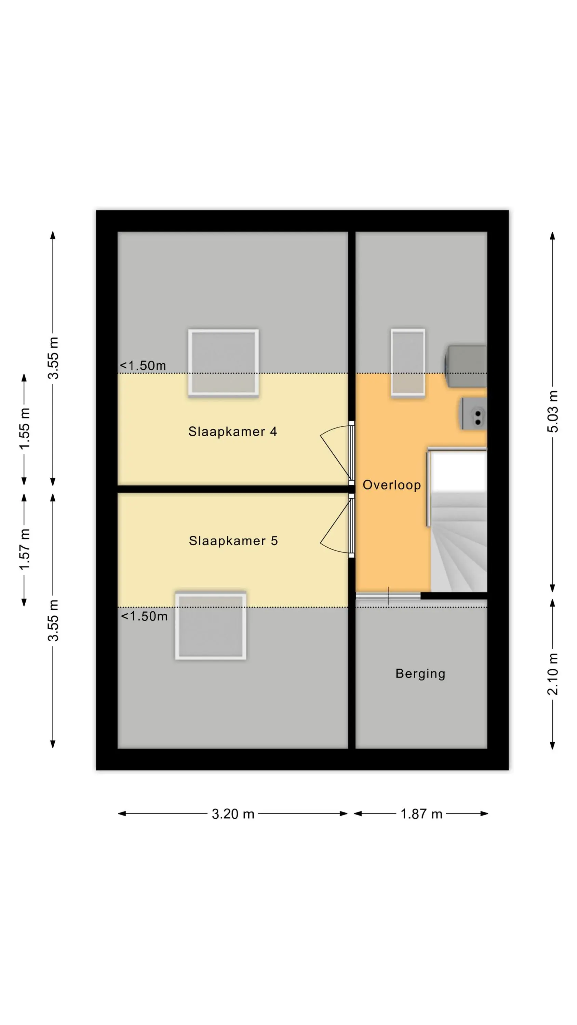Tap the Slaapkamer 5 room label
(233, 541)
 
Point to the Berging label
(420, 674)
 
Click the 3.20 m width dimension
(233, 814)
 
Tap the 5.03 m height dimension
(553, 411)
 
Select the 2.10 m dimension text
(553, 674)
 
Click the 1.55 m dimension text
(24, 429)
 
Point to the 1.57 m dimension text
(24, 549)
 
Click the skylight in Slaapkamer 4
(224, 363)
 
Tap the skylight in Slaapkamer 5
(211, 625)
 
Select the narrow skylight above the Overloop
(408, 363)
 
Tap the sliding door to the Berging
(388, 596)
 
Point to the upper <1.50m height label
(143, 365)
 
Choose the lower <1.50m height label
(144, 616)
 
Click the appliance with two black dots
(474, 414)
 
